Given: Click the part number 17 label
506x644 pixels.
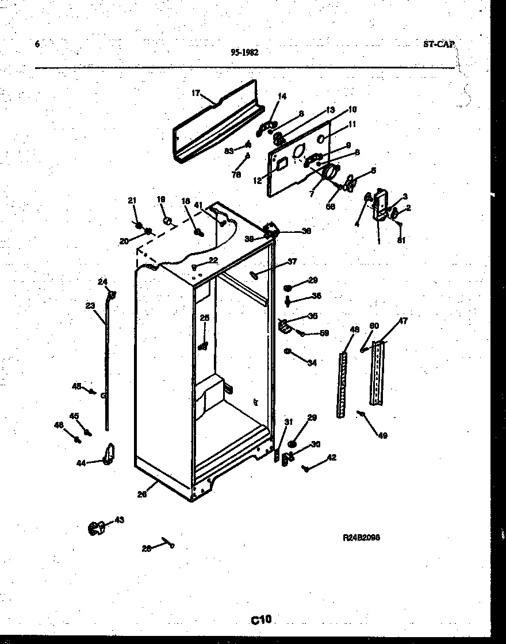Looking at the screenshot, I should (x=195, y=93).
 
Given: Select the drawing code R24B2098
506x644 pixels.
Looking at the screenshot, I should (x=361, y=538).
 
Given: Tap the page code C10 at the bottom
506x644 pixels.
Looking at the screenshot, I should (x=260, y=619).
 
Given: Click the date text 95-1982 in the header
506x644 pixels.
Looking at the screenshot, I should (x=244, y=52).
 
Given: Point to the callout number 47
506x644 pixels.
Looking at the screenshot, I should (x=402, y=321).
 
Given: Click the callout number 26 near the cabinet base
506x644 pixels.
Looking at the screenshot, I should (x=142, y=494).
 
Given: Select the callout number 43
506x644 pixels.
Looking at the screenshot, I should (x=119, y=520).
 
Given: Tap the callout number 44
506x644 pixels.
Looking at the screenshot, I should (x=82, y=462).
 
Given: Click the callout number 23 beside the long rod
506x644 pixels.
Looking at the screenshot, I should (x=90, y=306).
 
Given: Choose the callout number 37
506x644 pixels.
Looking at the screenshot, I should (x=292, y=262).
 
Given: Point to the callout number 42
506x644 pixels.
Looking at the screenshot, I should (x=331, y=458).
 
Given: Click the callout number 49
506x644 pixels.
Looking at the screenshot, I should (x=382, y=435).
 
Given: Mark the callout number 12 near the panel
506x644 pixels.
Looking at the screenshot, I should (x=256, y=180).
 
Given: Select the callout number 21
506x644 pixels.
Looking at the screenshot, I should (x=132, y=200).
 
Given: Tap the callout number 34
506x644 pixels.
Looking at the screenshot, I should (x=312, y=363).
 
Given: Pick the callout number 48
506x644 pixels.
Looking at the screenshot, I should (x=355, y=329).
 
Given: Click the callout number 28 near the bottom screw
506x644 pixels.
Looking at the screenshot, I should (x=147, y=549).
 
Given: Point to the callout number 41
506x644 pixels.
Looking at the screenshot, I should (x=198, y=205).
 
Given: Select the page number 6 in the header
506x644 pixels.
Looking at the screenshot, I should (x=37, y=44).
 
